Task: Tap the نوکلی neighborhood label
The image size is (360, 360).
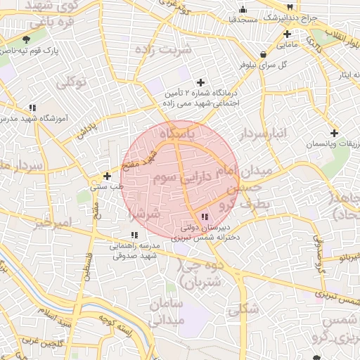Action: (x=70, y=83)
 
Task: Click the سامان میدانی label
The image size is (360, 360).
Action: (x=167, y=311)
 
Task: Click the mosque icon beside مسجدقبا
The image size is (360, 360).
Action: (x=243, y=9)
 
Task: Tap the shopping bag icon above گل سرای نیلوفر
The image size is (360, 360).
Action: (x=262, y=54)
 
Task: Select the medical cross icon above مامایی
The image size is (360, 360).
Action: (x=287, y=34)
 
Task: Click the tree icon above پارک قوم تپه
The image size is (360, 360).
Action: (x=27, y=39)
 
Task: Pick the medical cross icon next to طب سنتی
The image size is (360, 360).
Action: (x=107, y=176)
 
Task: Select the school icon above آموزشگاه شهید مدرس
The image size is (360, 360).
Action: (x=32, y=108)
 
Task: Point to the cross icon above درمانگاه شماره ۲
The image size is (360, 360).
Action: (x=201, y=82)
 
